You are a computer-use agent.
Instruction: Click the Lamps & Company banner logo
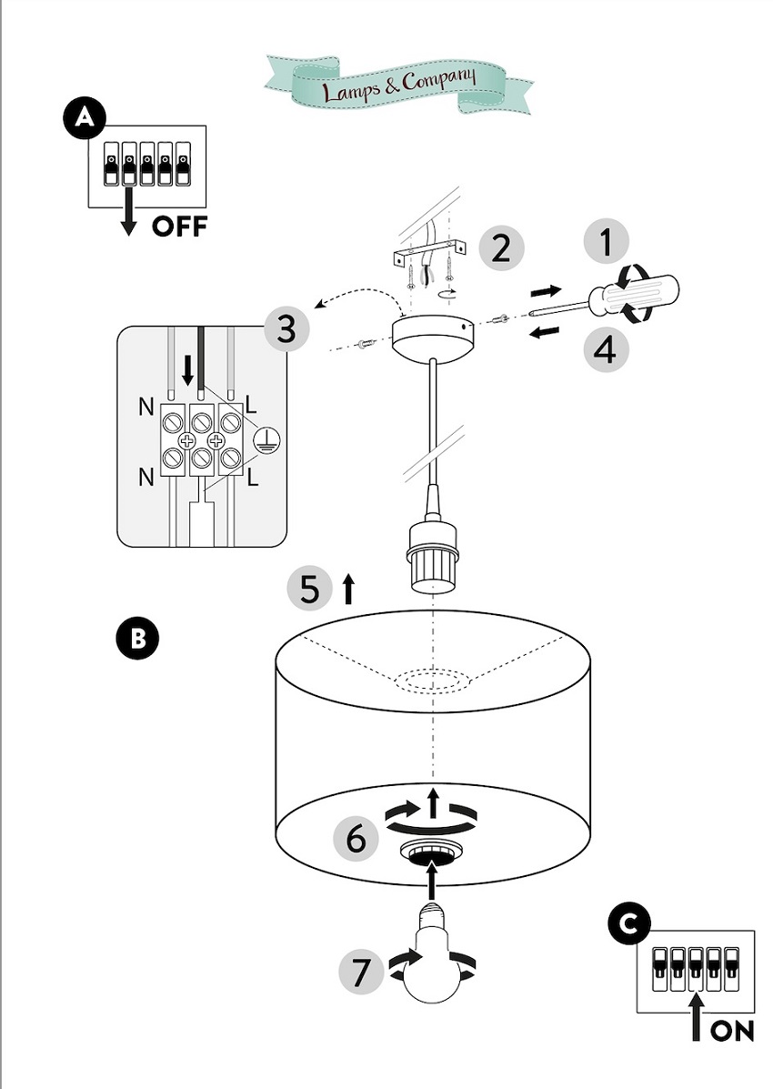pos(398,82)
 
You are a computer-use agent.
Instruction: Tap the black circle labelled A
pos(84,118)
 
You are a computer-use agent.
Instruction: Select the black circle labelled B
pos(137,638)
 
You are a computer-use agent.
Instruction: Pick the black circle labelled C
pos(627,924)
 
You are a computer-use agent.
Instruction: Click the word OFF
pos(179,225)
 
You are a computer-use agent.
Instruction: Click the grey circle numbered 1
pos(607,243)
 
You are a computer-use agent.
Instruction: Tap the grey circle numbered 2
pos(501,248)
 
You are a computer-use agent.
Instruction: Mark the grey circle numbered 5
pos(309,590)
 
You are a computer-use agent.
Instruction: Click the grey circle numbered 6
pos(356,838)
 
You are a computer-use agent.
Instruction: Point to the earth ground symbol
pos(267,440)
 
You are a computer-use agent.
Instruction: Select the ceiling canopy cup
pos(434,337)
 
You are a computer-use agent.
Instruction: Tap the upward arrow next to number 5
pos(347,590)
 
